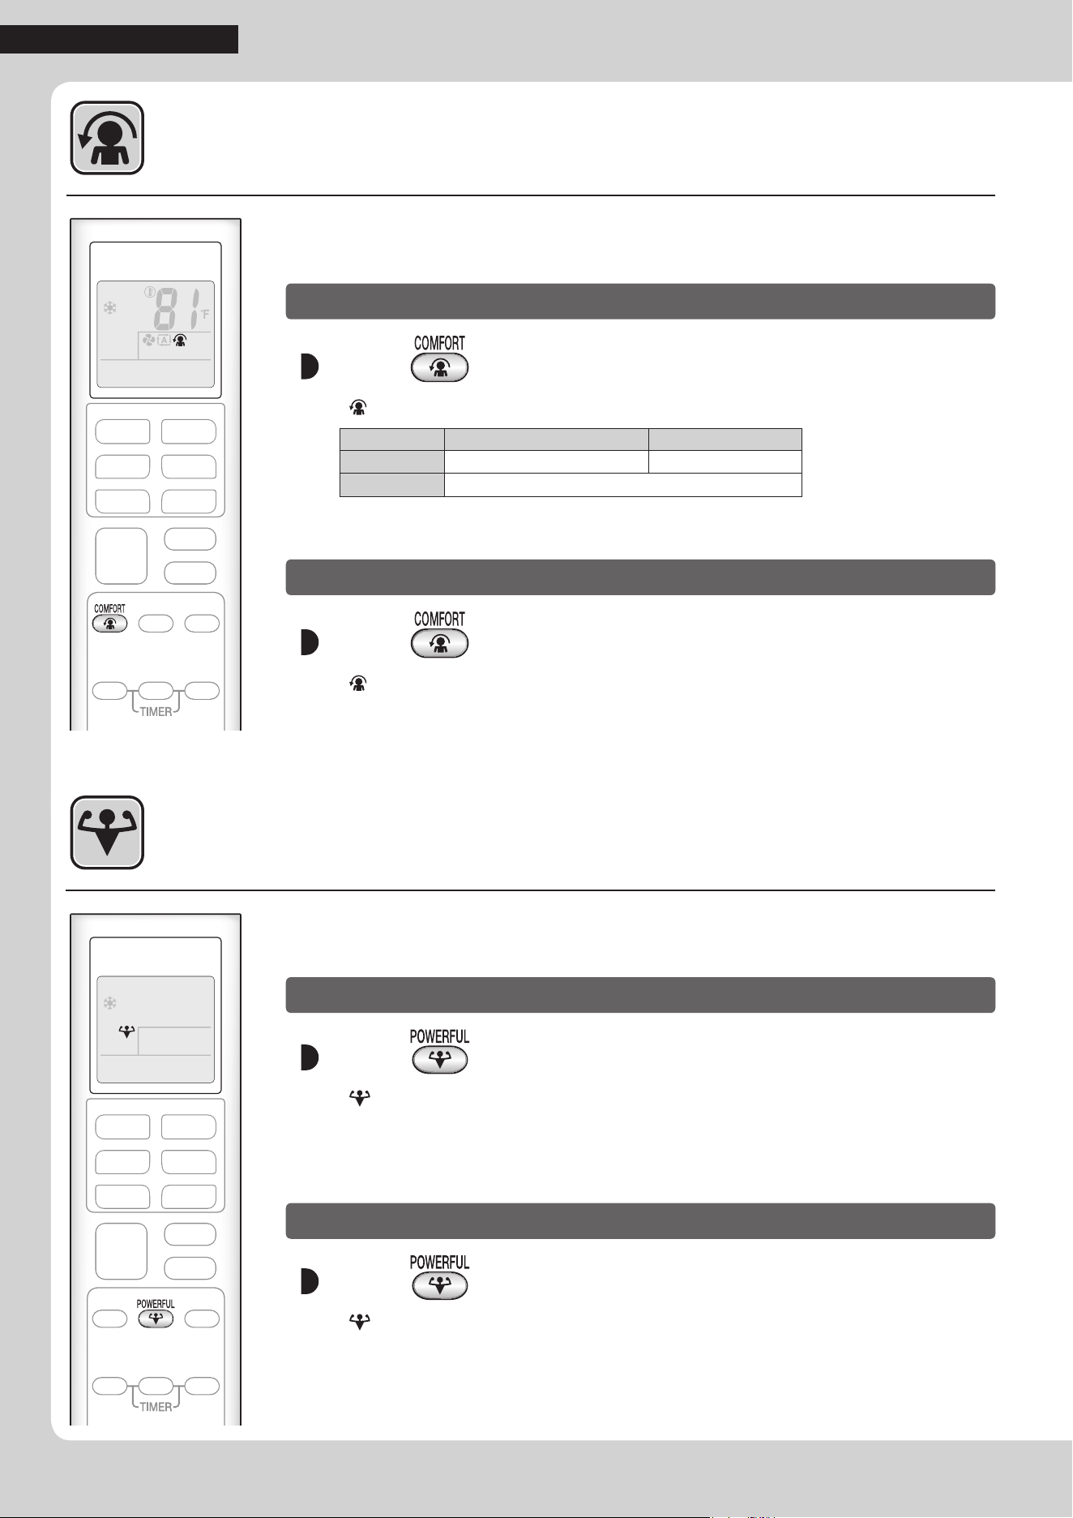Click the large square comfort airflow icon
point(107,138)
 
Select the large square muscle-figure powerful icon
point(107,833)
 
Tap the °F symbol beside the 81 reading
point(205,313)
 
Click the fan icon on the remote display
point(149,341)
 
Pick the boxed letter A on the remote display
point(164,341)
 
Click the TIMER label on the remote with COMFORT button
point(156,712)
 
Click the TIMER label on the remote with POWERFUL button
point(156,1407)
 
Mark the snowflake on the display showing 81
point(109,308)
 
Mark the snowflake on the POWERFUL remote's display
point(109,1003)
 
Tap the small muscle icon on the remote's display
point(126,1032)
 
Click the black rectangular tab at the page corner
point(119,39)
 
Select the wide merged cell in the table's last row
point(623,485)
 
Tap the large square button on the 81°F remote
point(121,556)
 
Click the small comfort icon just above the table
point(358,409)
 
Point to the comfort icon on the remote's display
point(180,341)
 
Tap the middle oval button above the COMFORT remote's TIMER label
point(156,692)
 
